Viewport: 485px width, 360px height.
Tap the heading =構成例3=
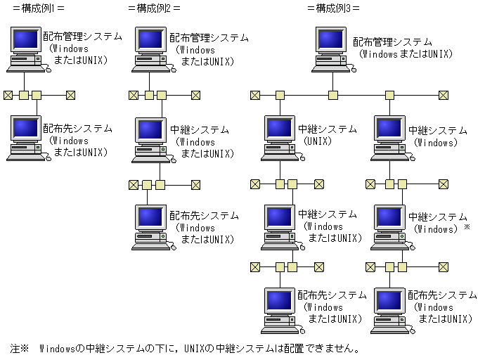coord(333,8)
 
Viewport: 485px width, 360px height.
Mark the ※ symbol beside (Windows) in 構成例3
coord(466,228)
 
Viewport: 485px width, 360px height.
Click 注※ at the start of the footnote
coord(19,349)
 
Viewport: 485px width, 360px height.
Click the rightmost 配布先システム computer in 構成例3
coord(389,310)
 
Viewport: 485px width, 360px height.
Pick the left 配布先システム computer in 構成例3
coord(278,310)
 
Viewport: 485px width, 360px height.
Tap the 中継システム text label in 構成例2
coord(200,130)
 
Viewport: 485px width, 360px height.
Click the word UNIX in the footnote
coord(195,349)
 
